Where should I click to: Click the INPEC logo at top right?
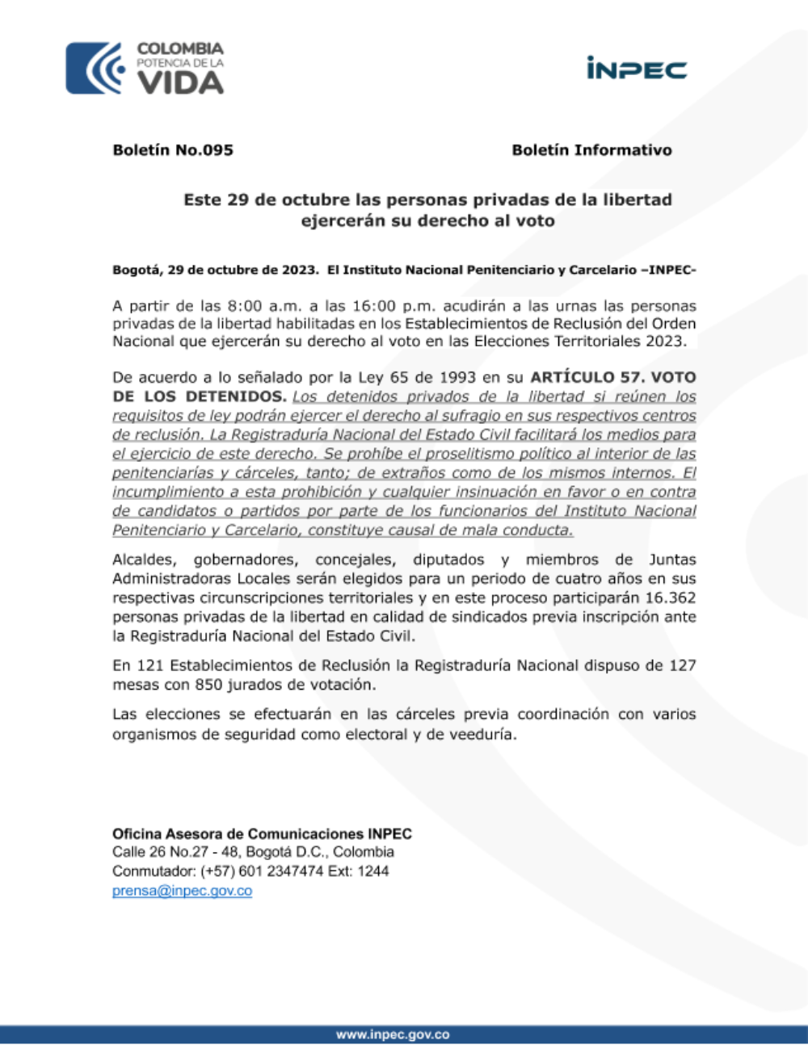pos(637,69)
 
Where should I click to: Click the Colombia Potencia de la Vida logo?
pos(145,68)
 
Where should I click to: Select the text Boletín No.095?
pos(173,150)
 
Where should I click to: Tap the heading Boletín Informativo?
pos(591,150)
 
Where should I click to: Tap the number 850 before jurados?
pos(208,685)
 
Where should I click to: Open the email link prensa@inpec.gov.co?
pos(182,891)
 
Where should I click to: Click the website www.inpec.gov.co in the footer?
pos(393,1035)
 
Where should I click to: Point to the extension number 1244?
pos(372,871)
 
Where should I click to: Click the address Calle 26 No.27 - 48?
pos(175,852)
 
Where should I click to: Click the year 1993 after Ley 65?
pos(457,377)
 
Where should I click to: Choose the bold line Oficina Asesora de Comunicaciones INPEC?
pos(262,833)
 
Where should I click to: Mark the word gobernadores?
pos(242,560)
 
